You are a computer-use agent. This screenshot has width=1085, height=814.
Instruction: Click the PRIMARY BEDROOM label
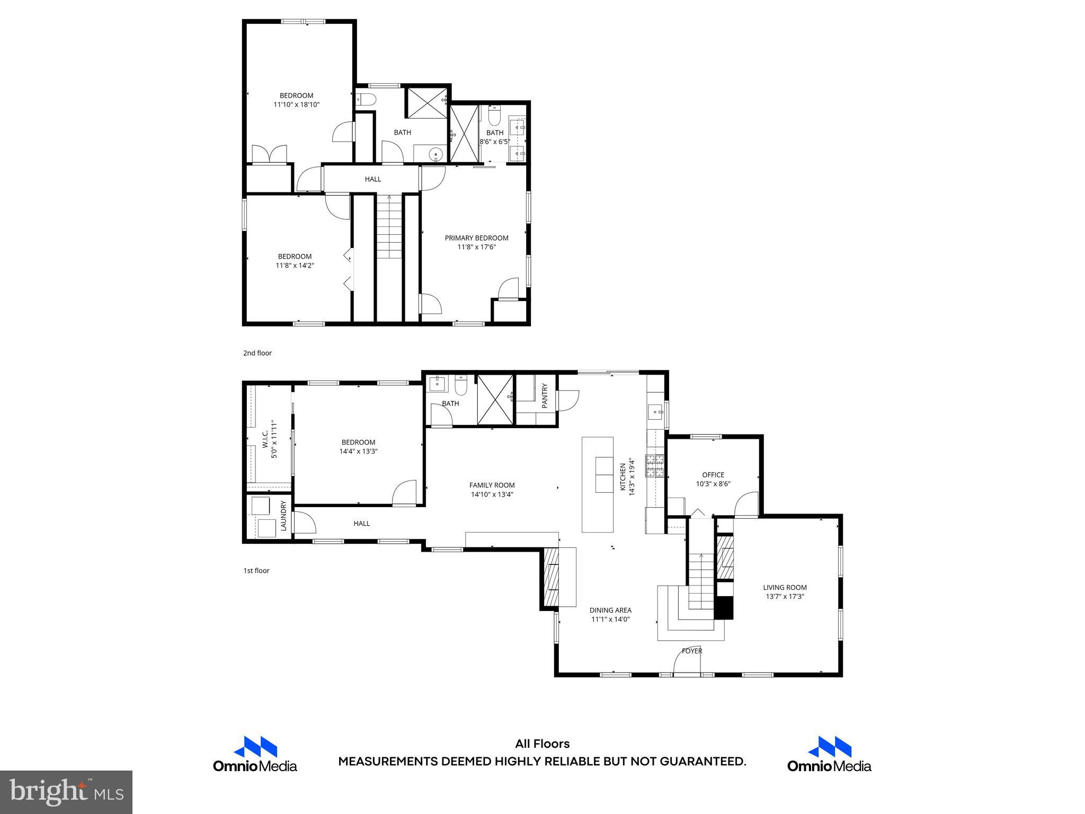(x=476, y=238)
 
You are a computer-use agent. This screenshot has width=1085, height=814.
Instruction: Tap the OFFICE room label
(x=713, y=475)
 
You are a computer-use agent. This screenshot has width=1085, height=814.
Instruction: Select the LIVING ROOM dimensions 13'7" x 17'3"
(x=785, y=596)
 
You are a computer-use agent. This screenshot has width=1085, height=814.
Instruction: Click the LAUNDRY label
(x=283, y=516)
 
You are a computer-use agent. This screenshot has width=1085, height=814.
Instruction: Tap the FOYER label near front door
(x=691, y=651)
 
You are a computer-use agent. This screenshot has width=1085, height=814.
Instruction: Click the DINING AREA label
(x=610, y=610)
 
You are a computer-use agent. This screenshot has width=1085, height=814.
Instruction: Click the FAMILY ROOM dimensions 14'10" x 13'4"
(x=492, y=494)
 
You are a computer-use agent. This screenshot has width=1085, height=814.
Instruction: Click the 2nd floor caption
(x=257, y=353)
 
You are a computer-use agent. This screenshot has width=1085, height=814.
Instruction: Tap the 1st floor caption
(x=256, y=571)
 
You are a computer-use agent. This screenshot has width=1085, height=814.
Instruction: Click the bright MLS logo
(x=66, y=792)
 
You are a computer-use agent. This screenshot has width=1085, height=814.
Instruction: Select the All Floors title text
(x=542, y=744)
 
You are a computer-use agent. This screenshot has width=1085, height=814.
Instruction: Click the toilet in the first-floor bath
(x=460, y=386)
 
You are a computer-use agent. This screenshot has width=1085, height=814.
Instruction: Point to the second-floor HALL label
(x=372, y=179)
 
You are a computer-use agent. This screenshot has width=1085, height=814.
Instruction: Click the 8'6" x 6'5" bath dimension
(x=494, y=141)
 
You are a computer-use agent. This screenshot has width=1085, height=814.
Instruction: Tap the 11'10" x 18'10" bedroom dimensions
(x=296, y=104)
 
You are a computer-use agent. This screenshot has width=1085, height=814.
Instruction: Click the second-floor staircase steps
(x=389, y=228)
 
